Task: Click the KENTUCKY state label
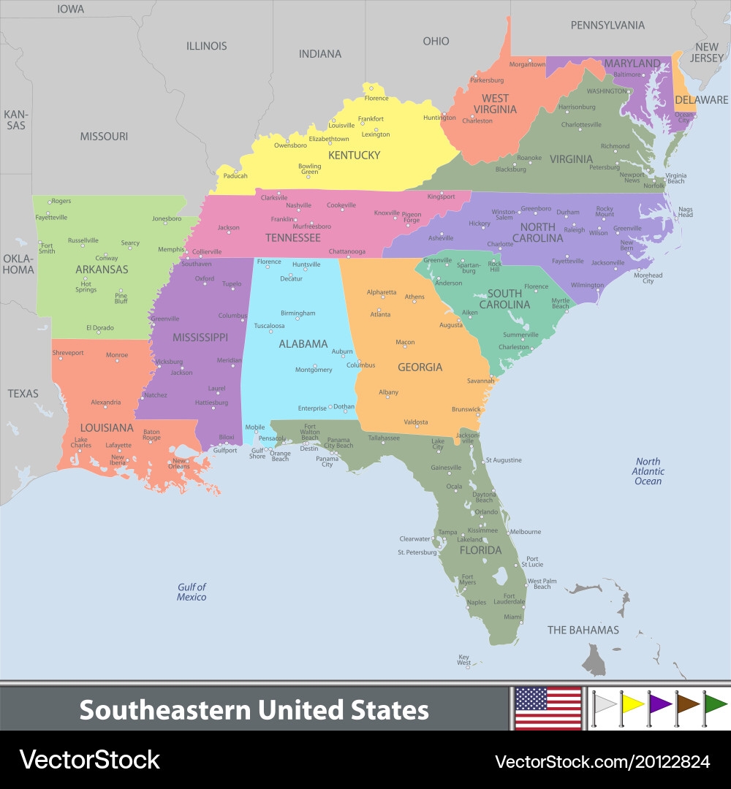coord(354,155)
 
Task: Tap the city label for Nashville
coord(298,205)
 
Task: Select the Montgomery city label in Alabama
coord(314,370)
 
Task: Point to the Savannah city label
coord(481,381)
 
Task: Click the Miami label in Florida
coord(512,617)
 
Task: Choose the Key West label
coord(464,660)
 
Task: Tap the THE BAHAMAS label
coord(583,630)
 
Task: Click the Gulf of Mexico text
coord(192,592)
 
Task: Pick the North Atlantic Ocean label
coord(648,471)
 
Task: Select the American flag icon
coord(548,708)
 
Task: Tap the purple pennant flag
coord(659,704)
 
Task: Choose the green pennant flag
coord(714,704)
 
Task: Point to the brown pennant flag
coord(686,704)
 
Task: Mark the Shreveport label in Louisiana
coord(68,353)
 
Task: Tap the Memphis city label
coord(171,249)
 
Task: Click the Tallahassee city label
coord(384,438)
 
